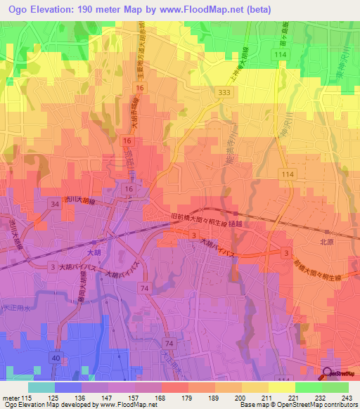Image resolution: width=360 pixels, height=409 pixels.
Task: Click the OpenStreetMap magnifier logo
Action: click(328, 372)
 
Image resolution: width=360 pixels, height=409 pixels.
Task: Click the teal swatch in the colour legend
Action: click(41, 387)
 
